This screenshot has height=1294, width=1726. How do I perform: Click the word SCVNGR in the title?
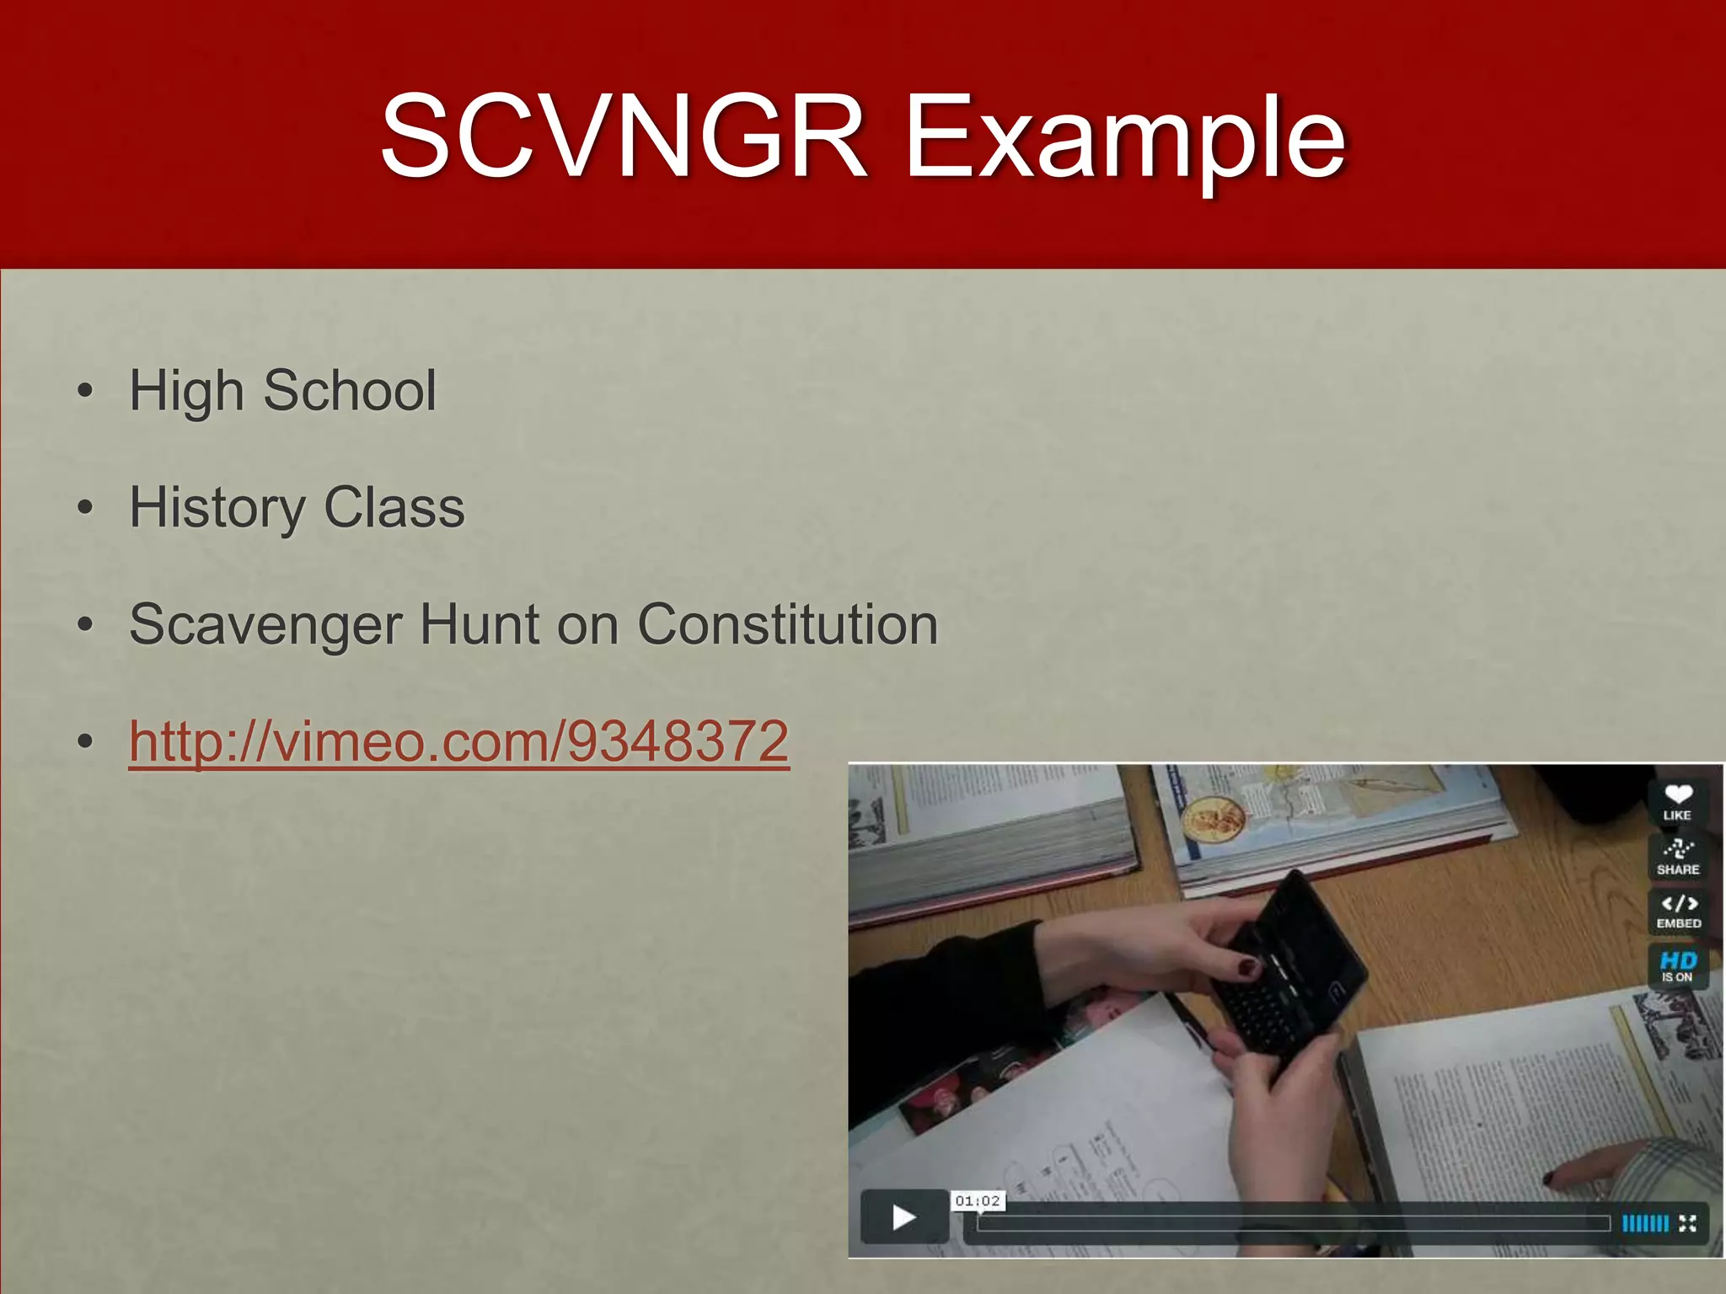tap(624, 137)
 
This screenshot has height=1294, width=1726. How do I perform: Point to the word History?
tap(217, 508)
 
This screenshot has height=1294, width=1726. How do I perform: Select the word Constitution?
tap(787, 624)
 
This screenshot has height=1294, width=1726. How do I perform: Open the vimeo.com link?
tap(458, 741)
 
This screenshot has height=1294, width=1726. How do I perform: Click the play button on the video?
tap(904, 1216)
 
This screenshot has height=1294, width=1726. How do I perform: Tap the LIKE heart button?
tap(1677, 801)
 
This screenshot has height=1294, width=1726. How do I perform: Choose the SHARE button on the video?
tap(1677, 856)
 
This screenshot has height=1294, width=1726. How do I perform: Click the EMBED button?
tap(1678, 911)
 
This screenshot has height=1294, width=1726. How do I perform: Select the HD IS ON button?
tap(1677, 965)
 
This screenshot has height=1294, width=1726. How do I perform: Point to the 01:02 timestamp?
tap(978, 1200)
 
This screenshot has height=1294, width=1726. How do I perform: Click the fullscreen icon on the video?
tap(1687, 1223)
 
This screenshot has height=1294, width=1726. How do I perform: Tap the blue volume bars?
tap(1644, 1223)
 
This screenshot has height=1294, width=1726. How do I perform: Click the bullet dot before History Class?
tap(84, 508)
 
